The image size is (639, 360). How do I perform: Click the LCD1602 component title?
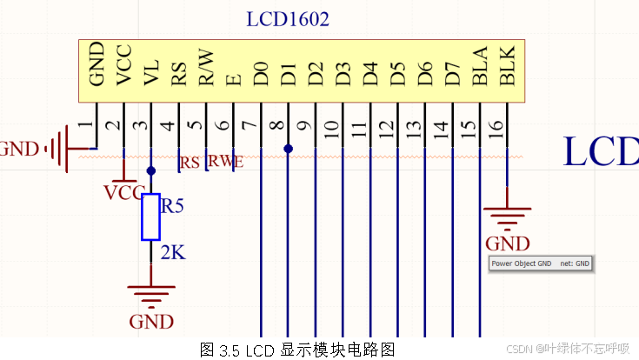pyautogui.click(x=288, y=19)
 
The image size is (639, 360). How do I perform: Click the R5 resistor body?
pyautogui.click(x=150, y=217)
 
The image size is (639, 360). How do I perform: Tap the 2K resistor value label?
pyautogui.click(x=173, y=253)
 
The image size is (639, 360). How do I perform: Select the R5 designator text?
pyautogui.click(x=174, y=207)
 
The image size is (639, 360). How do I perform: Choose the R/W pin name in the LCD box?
pyautogui.click(x=205, y=68)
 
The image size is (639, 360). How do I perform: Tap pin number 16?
pyautogui.click(x=496, y=127)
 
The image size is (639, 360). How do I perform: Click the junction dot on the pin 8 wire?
pyautogui.click(x=288, y=149)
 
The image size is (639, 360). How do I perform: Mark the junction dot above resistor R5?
pyautogui.click(x=150, y=171)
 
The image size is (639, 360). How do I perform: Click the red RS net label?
pyautogui.click(x=190, y=162)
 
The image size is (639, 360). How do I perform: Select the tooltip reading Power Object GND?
pyautogui.click(x=540, y=263)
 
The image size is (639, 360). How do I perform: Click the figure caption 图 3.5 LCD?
pyautogui.click(x=297, y=350)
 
